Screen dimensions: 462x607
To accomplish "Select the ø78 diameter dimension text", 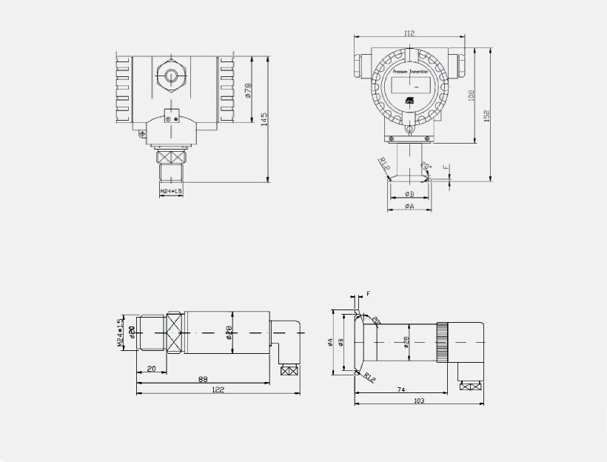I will (248, 90).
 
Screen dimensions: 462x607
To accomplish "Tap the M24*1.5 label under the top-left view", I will (172, 192).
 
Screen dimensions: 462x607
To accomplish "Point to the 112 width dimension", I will (409, 33).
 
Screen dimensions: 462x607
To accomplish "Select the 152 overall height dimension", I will (488, 117).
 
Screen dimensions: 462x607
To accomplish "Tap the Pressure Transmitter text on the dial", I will (410, 72).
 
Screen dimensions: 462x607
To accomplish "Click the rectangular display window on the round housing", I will (409, 87).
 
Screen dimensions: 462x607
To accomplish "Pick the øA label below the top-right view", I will (409, 207).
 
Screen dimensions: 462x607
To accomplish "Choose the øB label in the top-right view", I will (409, 194).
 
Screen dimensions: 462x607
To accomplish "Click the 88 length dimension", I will (202, 379).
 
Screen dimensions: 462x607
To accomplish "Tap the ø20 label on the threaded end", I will (131, 333).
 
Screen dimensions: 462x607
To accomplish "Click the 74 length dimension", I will (400, 389).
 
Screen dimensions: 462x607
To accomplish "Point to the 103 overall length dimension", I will (418, 401).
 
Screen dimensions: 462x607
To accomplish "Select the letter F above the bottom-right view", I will (368, 294).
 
